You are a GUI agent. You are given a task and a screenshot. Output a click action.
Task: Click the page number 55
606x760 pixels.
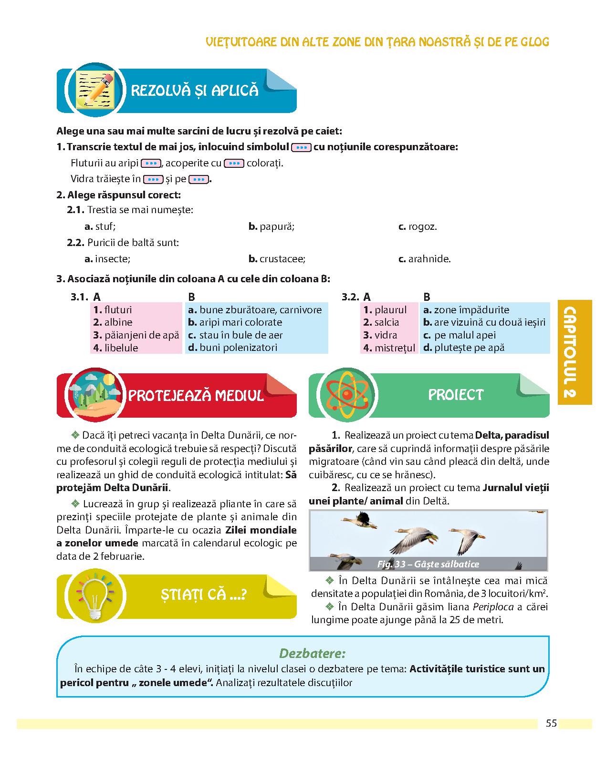coord(551,723)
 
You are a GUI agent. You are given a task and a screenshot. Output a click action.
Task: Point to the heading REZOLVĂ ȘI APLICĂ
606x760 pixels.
coord(194,91)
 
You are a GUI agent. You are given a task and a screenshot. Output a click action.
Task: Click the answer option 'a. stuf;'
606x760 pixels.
coord(100,226)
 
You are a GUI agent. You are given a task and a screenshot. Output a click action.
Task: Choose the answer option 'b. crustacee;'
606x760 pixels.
coord(277,259)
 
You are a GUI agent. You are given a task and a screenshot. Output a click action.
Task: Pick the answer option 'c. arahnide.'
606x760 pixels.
coord(425,259)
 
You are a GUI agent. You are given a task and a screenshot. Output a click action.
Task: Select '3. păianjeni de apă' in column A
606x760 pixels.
coord(136,335)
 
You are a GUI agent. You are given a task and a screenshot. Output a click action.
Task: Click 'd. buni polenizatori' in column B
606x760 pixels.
coord(232,348)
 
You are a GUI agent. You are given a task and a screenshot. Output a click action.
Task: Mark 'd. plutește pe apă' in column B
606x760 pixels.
coord(463,348)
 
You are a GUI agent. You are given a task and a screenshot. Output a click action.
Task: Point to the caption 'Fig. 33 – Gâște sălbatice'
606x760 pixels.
coord(428,564)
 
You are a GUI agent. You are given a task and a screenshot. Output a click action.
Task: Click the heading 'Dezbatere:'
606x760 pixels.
coord(312,653)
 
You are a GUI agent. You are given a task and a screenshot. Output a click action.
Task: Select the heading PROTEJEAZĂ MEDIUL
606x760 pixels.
coord(196,396)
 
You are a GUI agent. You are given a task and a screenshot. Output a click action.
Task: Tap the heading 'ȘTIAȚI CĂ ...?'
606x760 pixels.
coord(203,595)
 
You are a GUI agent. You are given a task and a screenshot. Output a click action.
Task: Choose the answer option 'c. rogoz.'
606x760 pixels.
coord(418,226)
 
